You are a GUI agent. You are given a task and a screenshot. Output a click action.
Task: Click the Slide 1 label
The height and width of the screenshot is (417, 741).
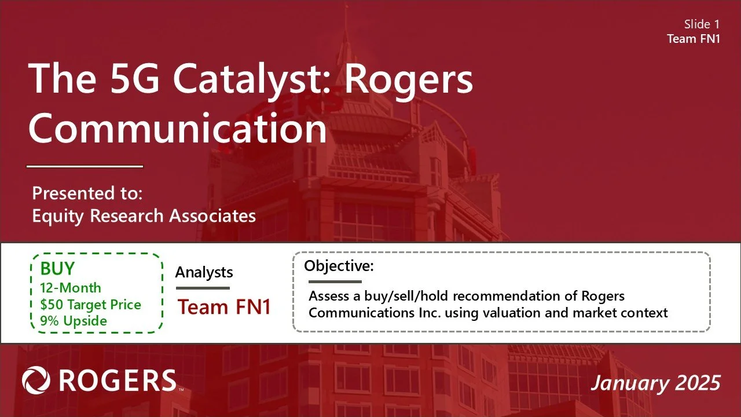tap(702, 24)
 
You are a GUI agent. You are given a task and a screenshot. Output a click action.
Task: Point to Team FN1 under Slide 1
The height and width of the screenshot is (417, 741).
tap(694, 39)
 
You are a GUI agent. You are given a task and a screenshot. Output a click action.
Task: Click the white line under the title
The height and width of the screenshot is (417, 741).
tap(85, 167)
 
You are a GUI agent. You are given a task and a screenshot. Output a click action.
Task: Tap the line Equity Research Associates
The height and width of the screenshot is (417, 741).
tap(144, 215)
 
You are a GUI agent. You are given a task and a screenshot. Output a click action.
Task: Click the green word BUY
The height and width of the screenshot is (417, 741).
tap(57, 269)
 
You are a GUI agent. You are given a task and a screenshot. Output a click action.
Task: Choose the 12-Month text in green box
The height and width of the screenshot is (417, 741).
tap(71, 288)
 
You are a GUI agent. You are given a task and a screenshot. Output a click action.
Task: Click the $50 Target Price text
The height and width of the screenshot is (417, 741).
tap(90, 304)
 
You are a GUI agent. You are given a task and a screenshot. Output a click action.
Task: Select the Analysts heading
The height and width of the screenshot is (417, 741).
tap(204, 272)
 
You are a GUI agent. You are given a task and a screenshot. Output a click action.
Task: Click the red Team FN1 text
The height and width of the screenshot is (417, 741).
tap(224, 307)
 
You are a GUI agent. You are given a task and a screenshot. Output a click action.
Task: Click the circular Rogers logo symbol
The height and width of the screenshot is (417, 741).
tap(36, 381)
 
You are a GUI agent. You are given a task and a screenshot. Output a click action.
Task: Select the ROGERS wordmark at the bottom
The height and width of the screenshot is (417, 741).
tap(118, 381)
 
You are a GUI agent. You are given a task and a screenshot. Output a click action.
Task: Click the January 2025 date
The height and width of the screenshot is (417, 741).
tap(655, 383)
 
